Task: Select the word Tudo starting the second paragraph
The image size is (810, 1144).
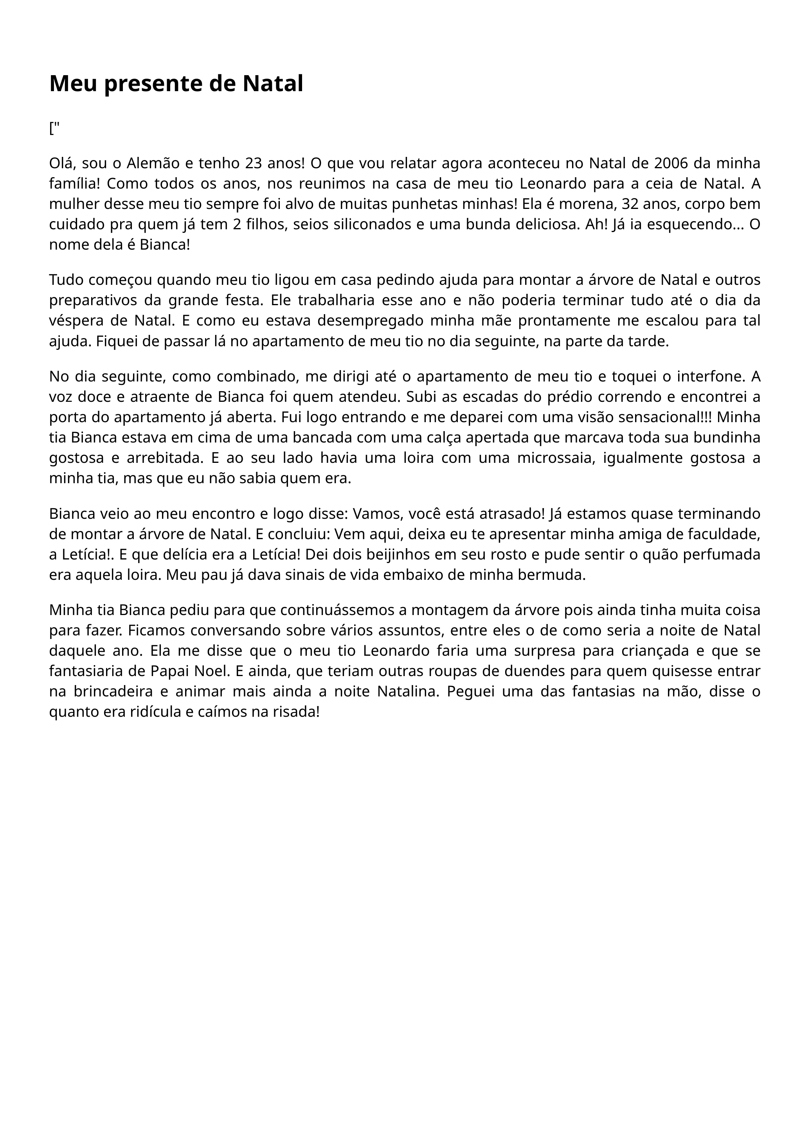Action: [x=65, y=280]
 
